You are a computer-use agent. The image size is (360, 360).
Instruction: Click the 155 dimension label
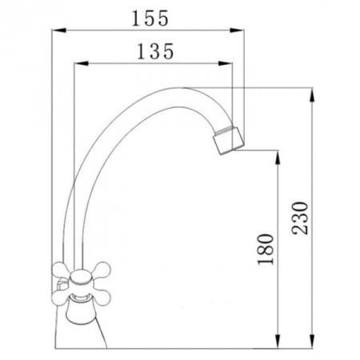(x=150, y=18)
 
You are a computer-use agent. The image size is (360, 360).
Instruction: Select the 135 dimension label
(x=155, y=51)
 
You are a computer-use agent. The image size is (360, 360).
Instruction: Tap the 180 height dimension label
(x=266, y=250)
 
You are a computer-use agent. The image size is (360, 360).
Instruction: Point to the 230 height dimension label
(x=300, y=218)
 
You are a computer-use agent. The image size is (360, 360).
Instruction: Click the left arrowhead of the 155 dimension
(x=58, y=30)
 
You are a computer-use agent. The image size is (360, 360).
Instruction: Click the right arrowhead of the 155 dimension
(x=237, y=30)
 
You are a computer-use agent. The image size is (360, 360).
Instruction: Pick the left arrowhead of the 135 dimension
(x=81, y=63)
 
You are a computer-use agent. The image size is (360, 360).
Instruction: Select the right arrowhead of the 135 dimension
(x=226, y=63)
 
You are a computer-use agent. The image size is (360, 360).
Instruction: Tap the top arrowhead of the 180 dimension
(x=278, y=158)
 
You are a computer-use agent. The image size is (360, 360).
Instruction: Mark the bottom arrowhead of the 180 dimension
(x=278, y=341)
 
